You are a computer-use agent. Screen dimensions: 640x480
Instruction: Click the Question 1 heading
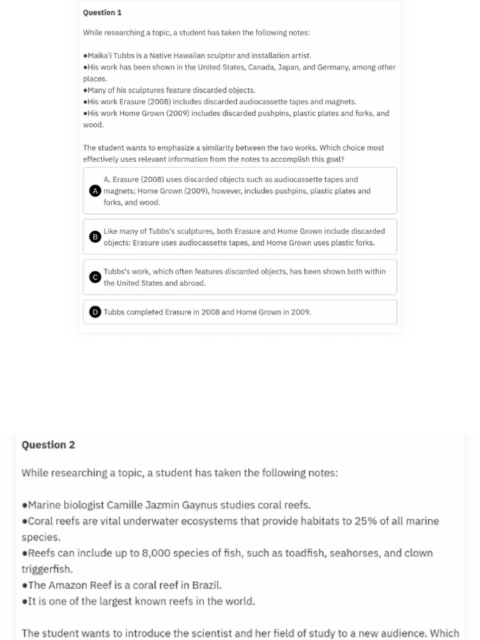[x=102, y=12]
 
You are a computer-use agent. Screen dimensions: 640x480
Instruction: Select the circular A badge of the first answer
[x=95, y=191]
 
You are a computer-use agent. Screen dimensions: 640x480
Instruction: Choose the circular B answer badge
[x=95, y=237]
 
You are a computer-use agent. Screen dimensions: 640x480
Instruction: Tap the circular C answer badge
[x=95, y=277]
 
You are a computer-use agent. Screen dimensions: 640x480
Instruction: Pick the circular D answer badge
[x=95, y=312]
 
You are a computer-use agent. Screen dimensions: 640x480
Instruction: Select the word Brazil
[x=206, y=586]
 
